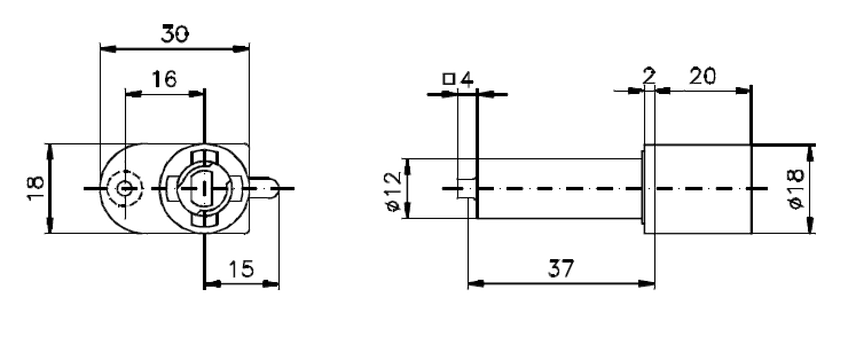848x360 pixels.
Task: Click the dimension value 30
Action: (x=175, y=34)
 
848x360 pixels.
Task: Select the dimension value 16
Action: (x=164, y=79)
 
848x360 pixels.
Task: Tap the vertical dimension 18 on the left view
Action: (x=36, y=188)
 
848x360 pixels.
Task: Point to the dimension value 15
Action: (x=241, y=269)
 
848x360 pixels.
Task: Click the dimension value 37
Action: (x=561, y=268)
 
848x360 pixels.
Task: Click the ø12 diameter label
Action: (x=393, y=191)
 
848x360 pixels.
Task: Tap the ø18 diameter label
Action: (x=796, y=189)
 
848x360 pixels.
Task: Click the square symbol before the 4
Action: (x=449, y=79)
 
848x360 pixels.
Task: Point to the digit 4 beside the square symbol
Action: (x=466, y=79)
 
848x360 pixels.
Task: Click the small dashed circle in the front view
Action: (x=124, y=188)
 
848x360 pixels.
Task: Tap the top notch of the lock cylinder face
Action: (x=205, y=158)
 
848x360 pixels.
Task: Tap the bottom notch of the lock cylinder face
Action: (x=205, y=219)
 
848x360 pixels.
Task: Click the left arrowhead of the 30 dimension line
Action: (x=108, y=49)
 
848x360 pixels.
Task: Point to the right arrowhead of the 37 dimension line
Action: (x=647, y=284)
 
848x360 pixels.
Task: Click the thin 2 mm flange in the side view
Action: (x=650, y=189)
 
